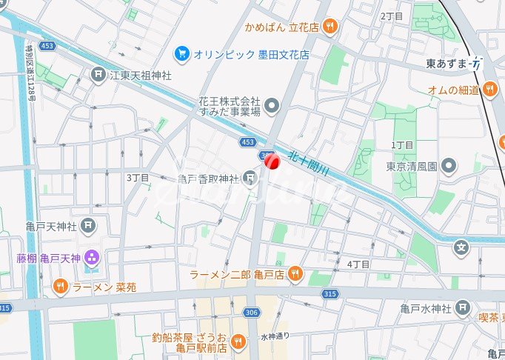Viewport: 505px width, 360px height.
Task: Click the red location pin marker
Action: [271, 161]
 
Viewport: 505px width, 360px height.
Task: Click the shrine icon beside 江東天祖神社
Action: [98, 75]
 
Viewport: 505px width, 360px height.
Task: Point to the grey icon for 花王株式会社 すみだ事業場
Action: [272, 106]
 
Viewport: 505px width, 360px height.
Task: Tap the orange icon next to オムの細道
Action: [489, 90]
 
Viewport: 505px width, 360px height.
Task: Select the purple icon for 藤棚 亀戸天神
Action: [92, 258]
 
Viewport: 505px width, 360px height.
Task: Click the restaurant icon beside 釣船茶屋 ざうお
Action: [238, 341]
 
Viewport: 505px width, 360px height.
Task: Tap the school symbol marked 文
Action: [462, 247]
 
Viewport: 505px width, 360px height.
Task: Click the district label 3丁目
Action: [138, 178]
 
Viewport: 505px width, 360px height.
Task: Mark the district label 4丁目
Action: [358, 264]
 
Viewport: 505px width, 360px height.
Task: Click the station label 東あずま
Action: [448, 64]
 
